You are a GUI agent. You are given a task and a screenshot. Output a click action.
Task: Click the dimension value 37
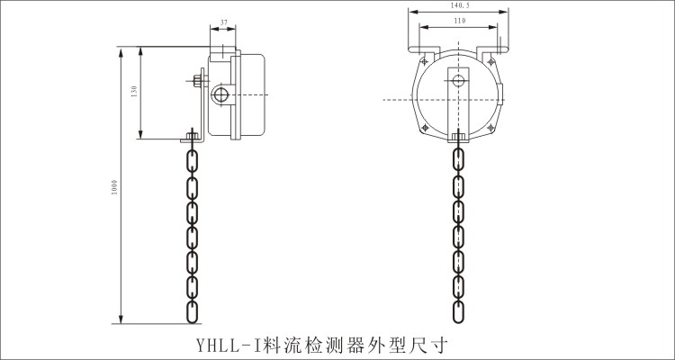[223, 22]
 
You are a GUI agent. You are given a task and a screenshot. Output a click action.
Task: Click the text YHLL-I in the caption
[220, 344]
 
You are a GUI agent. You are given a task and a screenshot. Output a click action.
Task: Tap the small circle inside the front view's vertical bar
[459, 82]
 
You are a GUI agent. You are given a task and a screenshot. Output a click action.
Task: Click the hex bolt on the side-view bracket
[198, 82]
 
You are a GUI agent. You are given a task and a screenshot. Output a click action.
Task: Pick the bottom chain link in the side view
[192, 310]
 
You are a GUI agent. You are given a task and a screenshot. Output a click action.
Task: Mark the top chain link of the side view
[192, 162]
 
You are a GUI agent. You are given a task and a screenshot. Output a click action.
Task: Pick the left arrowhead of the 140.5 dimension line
[410, 12]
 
